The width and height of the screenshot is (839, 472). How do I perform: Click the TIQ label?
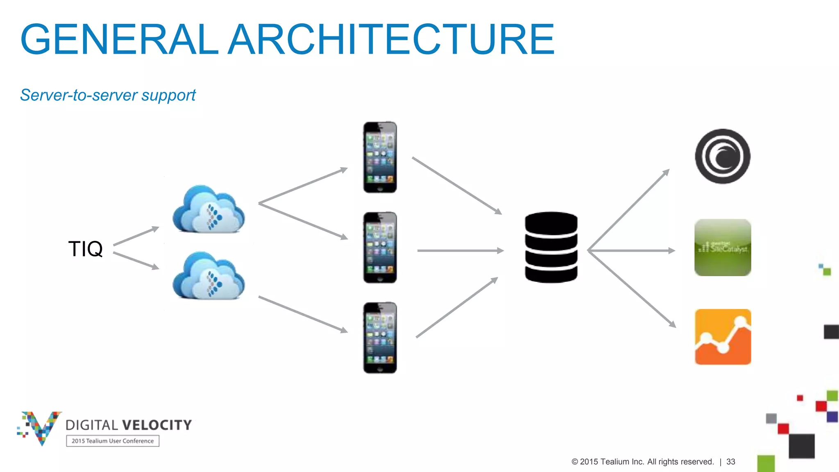85,249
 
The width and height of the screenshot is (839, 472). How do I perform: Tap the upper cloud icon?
209,210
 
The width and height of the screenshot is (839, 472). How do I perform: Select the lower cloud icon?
209,276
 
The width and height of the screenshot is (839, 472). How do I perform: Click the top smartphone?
380,157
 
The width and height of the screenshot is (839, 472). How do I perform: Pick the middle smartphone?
380,247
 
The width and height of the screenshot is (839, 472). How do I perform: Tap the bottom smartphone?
380,338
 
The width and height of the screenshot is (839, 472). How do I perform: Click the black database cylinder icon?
551,247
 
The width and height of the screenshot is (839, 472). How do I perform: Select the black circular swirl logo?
723,157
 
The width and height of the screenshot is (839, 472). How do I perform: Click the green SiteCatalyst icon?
723,247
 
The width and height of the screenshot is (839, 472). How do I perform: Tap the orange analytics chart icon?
723,337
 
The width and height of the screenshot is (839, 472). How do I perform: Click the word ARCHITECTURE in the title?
391,39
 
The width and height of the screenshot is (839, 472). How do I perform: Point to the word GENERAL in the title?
119,39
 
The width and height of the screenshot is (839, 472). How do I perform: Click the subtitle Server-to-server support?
108,95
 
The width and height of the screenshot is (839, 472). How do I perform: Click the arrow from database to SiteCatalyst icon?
631,250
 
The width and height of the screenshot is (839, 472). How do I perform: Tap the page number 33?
730,462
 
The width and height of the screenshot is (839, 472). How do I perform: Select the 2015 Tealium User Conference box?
113,441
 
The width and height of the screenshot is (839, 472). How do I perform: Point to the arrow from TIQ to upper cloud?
136,236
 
